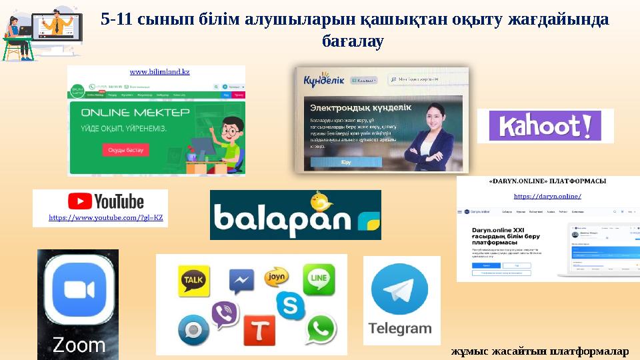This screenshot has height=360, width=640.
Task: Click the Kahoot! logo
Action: click(x=545, y=126)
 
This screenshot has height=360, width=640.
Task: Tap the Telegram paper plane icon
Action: click(x=401, y=291)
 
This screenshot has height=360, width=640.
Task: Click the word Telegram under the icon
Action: click(x=401, y=329)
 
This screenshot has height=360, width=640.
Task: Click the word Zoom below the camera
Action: click(x=79, y=345)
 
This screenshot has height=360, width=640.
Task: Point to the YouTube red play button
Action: click(x=80, y=201)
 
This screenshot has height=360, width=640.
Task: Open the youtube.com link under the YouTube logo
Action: click(x=106, y=218)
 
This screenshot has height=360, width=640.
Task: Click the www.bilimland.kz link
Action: click(x=159, y=71)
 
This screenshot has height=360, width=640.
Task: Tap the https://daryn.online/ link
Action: click(x=547, y=196)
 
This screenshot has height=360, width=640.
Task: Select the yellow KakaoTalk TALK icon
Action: click(x=193, y=281)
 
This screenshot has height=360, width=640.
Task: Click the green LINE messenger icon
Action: click(x=319, y=279)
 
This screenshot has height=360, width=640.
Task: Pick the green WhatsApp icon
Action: click(x=323, y=329)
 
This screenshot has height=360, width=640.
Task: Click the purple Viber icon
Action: click(x=225, y=315)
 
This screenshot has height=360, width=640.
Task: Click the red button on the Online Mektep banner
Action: click(x=125, y=150)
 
